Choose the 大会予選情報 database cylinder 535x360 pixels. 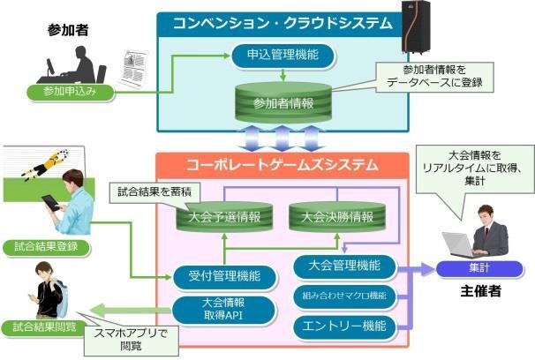click(225, 216)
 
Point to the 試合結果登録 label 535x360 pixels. click(46, 247)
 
